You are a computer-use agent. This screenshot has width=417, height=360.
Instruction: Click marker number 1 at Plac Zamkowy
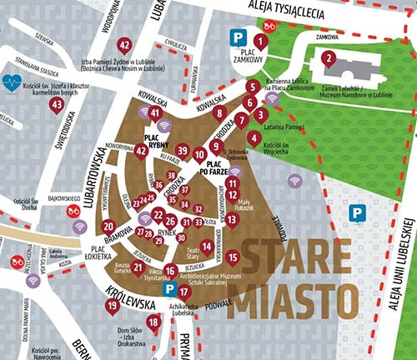260,39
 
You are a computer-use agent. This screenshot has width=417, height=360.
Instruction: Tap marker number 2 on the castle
329,58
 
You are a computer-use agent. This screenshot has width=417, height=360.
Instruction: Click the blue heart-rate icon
11,82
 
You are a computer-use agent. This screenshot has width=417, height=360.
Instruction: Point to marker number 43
57,105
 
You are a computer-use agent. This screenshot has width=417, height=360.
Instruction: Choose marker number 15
233,257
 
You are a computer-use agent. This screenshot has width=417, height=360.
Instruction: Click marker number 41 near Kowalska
154,112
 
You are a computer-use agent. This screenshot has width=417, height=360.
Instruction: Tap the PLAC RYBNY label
158,141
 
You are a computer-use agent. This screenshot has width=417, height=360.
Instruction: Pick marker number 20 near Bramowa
108,225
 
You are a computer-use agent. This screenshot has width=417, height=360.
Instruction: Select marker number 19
113,306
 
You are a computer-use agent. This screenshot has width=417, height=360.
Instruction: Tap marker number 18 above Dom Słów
153,322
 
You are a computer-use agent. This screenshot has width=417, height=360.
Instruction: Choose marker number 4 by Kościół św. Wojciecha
254,137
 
